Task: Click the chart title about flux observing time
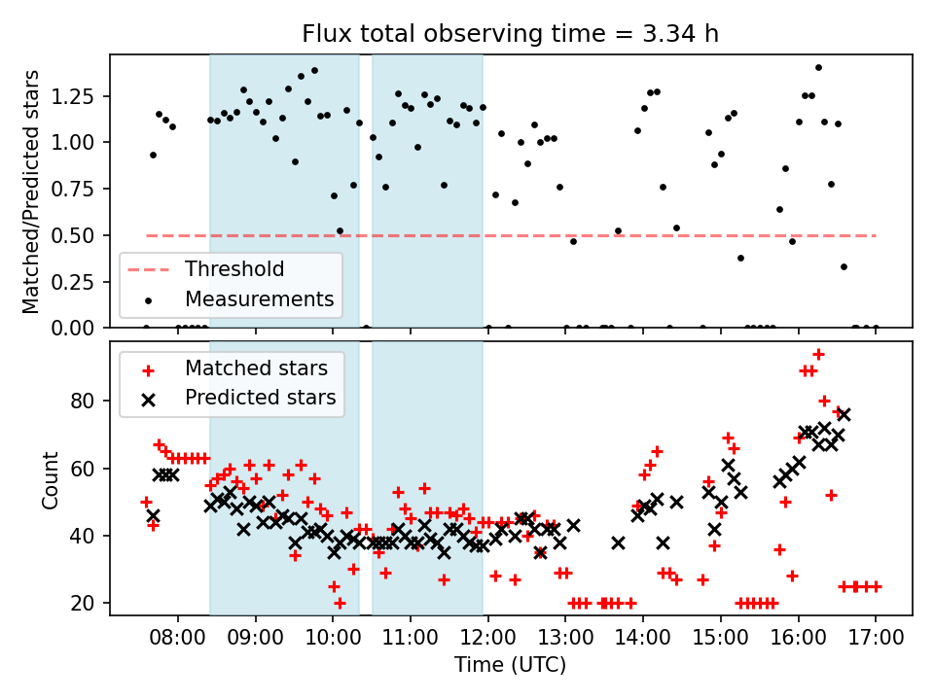click(511, 35)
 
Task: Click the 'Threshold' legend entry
click(234, 269)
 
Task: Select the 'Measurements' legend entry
click(260, 297)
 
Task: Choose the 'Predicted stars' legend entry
click(260, 397)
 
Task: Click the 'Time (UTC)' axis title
click(510, 666)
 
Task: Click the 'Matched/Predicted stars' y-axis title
click(31, 192)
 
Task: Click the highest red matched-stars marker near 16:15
click(818, 354)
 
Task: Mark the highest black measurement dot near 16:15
click(818, 67)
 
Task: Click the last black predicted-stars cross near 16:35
click(844, 414)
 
